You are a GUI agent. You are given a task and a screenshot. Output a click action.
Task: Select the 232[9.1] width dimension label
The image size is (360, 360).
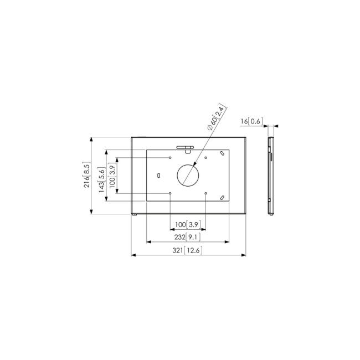point(186,237)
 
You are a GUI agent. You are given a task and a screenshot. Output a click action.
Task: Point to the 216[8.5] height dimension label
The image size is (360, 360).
point(87,176)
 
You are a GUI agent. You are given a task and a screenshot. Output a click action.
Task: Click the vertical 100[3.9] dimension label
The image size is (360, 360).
point(112,176)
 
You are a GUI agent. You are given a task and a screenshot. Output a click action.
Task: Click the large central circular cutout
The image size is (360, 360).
point(188,175)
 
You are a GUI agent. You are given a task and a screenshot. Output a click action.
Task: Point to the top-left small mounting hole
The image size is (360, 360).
point(170,158)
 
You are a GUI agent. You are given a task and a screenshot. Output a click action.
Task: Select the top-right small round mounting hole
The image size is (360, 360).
point(205,158)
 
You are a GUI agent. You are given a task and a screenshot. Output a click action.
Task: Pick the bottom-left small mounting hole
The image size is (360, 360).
point(170,193)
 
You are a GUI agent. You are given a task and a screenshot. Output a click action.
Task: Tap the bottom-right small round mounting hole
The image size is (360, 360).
point(205,193)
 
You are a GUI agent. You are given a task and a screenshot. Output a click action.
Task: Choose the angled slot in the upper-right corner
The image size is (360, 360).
point(221,153)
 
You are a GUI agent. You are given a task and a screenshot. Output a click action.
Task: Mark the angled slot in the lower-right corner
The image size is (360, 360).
point(221,197)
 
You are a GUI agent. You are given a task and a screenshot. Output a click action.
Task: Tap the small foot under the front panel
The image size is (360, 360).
point(135,215)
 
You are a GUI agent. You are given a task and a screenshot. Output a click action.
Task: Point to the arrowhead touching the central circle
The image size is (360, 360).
point(194,165)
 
